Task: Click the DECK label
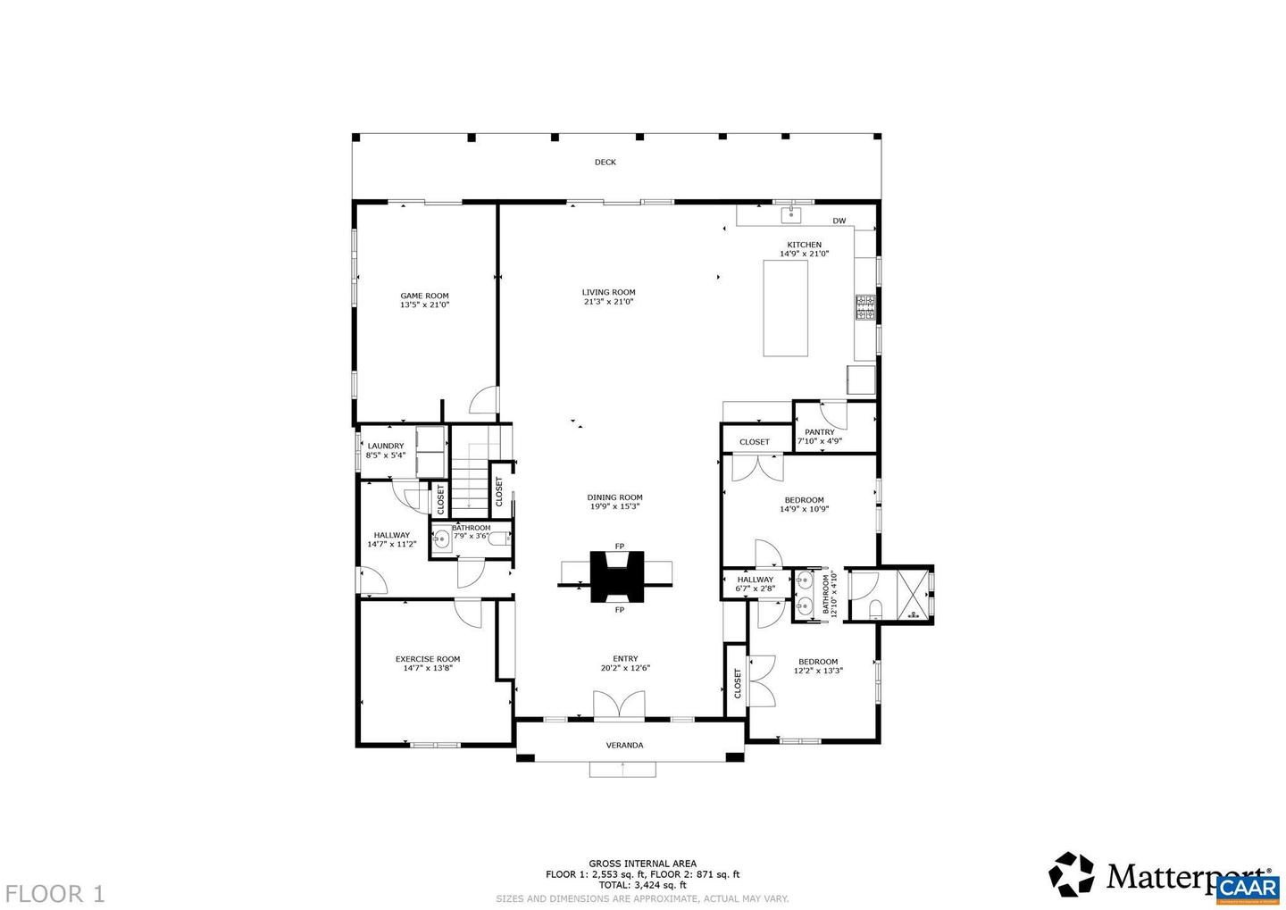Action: [x=605, y=163]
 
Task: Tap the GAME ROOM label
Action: [x=424, y=296]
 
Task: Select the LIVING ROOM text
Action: [x=608, y=292]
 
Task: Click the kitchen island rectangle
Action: [x=785, y=308]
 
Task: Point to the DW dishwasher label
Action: [x=839, y=221]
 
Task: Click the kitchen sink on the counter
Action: [x=791, y=214]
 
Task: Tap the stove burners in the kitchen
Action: [x=865, y=307]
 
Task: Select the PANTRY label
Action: [x=819, y=432]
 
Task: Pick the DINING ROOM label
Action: [x=614, y=497]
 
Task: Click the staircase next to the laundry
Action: [x=469, y=482]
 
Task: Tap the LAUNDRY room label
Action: [x=386, y=446]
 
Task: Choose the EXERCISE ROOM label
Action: [x=428, y=659]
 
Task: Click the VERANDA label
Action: [x=624, y=745]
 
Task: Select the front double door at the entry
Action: [x=618, y=705]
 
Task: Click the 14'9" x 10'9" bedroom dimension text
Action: [x=804, y=509]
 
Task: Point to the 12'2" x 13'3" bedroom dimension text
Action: [x=818, y=671]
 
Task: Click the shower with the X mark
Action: [x=909, y=593]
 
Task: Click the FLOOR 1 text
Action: [x=54, y=893]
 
